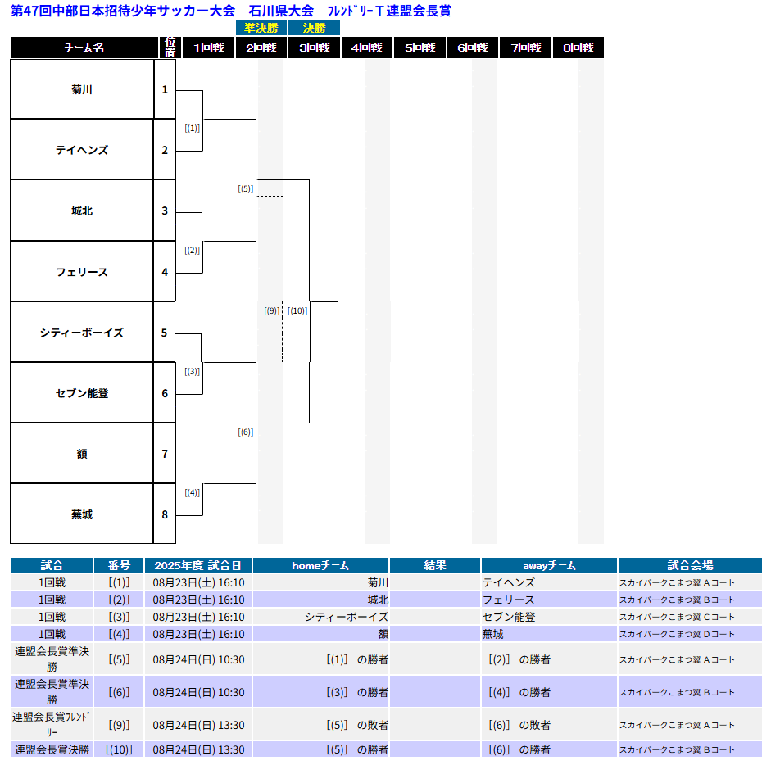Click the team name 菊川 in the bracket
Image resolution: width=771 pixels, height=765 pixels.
(82, 89)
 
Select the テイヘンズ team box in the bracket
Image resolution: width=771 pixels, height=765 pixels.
(82, 149)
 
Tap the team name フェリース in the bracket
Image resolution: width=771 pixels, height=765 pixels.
(82, 272)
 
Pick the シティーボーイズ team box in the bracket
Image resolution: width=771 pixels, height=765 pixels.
(82, 333)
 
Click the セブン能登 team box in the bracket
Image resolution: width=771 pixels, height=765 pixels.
(82, 393)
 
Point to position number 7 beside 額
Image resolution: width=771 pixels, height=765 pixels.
(165, 454)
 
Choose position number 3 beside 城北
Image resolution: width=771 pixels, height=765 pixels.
(165, 211)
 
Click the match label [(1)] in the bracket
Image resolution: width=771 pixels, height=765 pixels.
(193, 129)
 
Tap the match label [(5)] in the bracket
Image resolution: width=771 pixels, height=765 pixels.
(245, 188)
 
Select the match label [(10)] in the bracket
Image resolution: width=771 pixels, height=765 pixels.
(297, 310)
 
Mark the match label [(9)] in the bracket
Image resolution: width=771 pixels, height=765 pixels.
(271, 310)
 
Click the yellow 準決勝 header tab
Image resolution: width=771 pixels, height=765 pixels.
(261, 28)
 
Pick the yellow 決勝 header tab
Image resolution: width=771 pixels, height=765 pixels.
(314, 28)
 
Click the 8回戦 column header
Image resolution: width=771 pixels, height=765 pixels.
(578, 48)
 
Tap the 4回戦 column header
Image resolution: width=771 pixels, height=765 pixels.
(367, 48)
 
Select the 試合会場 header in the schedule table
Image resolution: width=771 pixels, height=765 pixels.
(690, 565)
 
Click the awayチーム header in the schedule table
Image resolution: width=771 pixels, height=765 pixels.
(549, 565)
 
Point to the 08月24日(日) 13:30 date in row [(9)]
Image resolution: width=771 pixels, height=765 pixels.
(198, 725)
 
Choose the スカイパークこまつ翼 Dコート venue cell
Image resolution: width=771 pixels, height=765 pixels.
(677, 634)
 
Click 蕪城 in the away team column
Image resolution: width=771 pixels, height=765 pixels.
(492, 634)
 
